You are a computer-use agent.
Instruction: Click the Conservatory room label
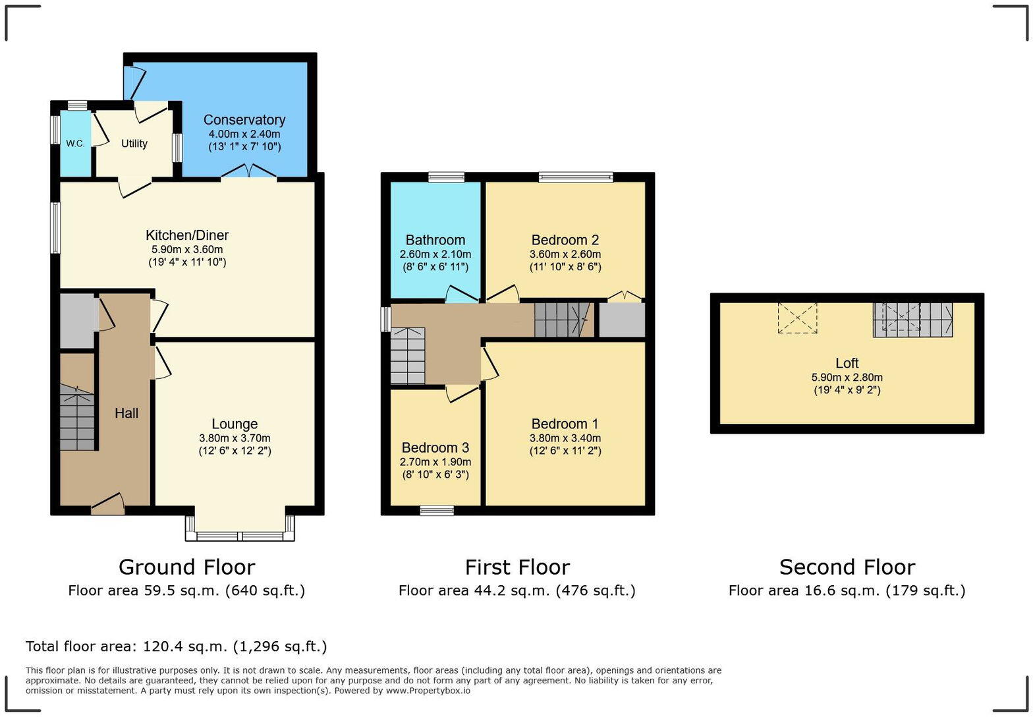click(244, 120)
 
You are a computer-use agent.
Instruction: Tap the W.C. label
click(75, 144)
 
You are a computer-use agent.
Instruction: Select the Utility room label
click(134, 144)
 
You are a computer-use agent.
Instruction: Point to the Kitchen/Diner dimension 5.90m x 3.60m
click(187, 250)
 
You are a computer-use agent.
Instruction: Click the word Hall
click(126, 413)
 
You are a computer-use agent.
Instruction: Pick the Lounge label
click(235, 424)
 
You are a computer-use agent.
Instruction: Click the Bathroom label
click(435, 240)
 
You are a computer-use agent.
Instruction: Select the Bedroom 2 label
click(565, 240)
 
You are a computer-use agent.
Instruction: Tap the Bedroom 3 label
click(435, 448)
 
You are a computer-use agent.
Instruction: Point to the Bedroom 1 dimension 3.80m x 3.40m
click(565, 438)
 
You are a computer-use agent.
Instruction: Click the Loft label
click(847, 363)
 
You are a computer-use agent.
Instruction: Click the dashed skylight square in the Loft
click(797, 318)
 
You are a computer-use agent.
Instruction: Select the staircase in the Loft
click(912, 320)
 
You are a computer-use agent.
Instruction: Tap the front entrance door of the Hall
click(108, 504)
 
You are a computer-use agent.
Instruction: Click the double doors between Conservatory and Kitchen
click(248, 172)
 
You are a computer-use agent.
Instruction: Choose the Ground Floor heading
click(186, 567)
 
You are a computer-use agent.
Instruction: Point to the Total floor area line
click(176, 646)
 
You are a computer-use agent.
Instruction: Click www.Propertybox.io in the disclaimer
click(428, 691)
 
